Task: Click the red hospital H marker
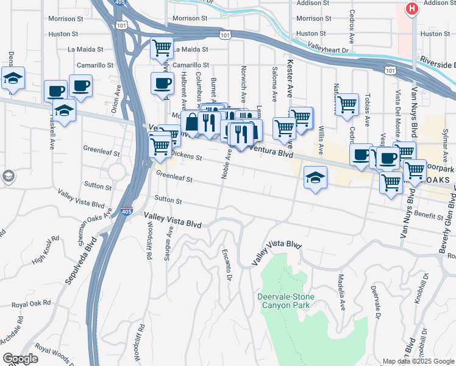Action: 413,9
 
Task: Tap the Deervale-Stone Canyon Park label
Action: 285,301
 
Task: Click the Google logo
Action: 20,359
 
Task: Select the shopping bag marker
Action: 192,121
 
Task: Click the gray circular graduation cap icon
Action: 8,177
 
